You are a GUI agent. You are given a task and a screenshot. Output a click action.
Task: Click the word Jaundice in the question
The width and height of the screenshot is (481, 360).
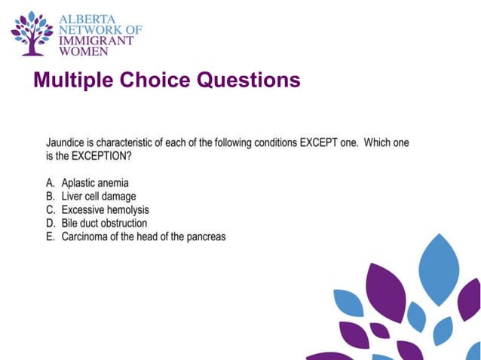(x=67, y=142)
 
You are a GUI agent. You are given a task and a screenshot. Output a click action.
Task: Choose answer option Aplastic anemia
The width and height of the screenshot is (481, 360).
(x=95, y=183)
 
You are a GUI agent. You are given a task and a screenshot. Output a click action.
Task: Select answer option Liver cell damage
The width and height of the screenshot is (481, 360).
(x=99, y=197)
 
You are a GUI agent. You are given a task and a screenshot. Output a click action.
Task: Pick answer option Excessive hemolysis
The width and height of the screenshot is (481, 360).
(x=106, y=210)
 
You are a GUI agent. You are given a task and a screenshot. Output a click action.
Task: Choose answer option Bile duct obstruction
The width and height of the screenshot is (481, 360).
(x=104, y=224)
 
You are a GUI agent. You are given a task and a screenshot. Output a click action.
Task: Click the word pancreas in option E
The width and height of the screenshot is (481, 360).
(x=206, y=237)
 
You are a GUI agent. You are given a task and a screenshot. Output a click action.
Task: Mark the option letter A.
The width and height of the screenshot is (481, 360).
(x=51, y=183)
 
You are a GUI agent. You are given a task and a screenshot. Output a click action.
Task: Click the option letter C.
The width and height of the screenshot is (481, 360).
(x=51, y=210)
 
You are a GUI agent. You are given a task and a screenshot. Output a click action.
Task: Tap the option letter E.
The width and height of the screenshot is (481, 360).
(x=51, y=237)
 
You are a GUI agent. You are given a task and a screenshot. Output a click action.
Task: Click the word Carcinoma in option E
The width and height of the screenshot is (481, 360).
(x=87, y=237)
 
